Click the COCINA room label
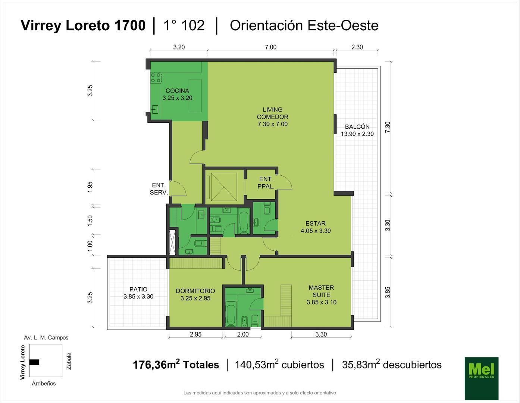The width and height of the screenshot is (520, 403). [177, 91]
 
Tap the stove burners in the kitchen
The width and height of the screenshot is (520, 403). [156, 78]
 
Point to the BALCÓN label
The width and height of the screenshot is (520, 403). [357, 126]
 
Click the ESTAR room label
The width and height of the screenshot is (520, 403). [316, 224]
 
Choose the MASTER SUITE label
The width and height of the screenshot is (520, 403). [322, 291]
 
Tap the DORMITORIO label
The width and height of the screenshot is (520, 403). [195, 291]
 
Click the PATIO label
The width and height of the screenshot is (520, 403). [138, 289]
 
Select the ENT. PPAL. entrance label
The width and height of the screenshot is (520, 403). [266, 182]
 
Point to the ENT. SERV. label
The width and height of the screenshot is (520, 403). [159, 188]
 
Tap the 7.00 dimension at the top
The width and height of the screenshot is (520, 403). [271, 47]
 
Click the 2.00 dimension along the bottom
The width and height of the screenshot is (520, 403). [243, 334]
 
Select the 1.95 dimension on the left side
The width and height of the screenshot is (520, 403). [90, 187]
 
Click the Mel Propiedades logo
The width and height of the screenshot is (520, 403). [482, 378]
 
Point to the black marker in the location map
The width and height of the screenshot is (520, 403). [34, 362]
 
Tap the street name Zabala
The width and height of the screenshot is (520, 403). [69, 361]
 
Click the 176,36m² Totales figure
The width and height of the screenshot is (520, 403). [176, 365]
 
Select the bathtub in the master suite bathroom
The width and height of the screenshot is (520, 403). [231, 314]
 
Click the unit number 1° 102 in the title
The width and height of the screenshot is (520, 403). [184, 25]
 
